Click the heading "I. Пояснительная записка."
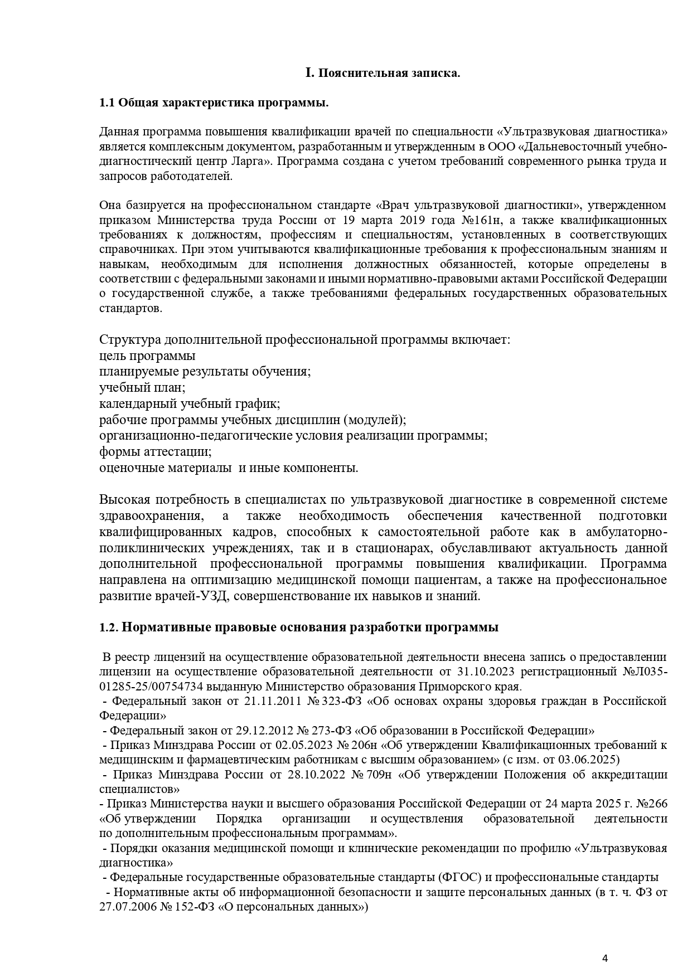[383, 73]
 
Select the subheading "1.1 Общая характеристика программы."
[214, 103]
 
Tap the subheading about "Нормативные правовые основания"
[299, 627]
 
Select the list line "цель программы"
[147, 356]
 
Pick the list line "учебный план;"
[142, 387]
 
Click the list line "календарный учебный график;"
[190, 403]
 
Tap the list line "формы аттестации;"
[156, 451]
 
